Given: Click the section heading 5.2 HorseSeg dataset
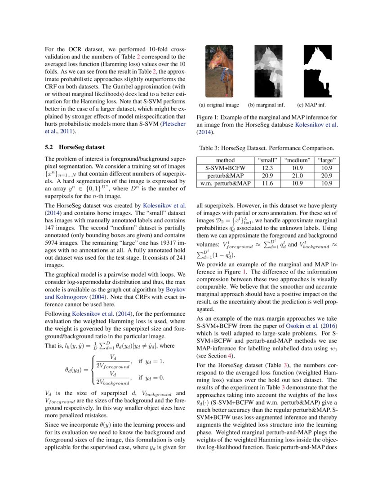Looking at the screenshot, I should click(x=75, y=147).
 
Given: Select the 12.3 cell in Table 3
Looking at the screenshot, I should click(x=268, y=168).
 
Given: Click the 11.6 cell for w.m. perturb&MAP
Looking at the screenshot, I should click(x=268, y=184).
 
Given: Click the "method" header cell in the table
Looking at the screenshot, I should click(x=225, y=160).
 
